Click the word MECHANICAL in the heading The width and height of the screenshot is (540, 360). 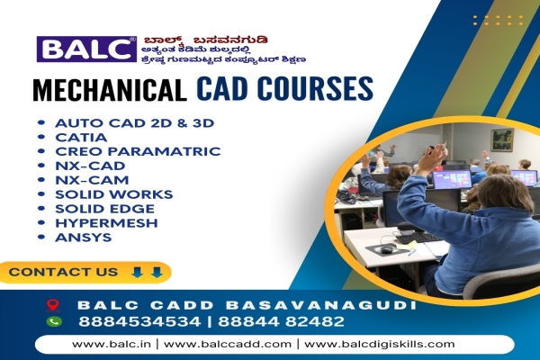(x=110, y=90)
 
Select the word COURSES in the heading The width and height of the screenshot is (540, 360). (x=314, y=90)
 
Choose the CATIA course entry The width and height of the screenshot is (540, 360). (x=81, y=138)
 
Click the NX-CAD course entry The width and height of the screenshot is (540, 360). (x=89, y=166)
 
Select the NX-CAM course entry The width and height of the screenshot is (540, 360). (x=89, y=180)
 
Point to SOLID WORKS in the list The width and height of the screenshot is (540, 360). (x=113, y=194)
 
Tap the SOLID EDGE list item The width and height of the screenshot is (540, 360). (x=105, y=209)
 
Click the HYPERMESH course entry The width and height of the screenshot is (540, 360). (x=106, y=223)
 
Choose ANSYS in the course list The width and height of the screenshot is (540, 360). (x=83, y=238)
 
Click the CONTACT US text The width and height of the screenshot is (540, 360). (x=63, y=272)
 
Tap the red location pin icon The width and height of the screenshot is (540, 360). (x=53, y=306)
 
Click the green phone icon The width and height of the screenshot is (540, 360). (x=53, y=321)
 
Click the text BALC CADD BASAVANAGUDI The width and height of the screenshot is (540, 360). (x=247, y=305)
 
